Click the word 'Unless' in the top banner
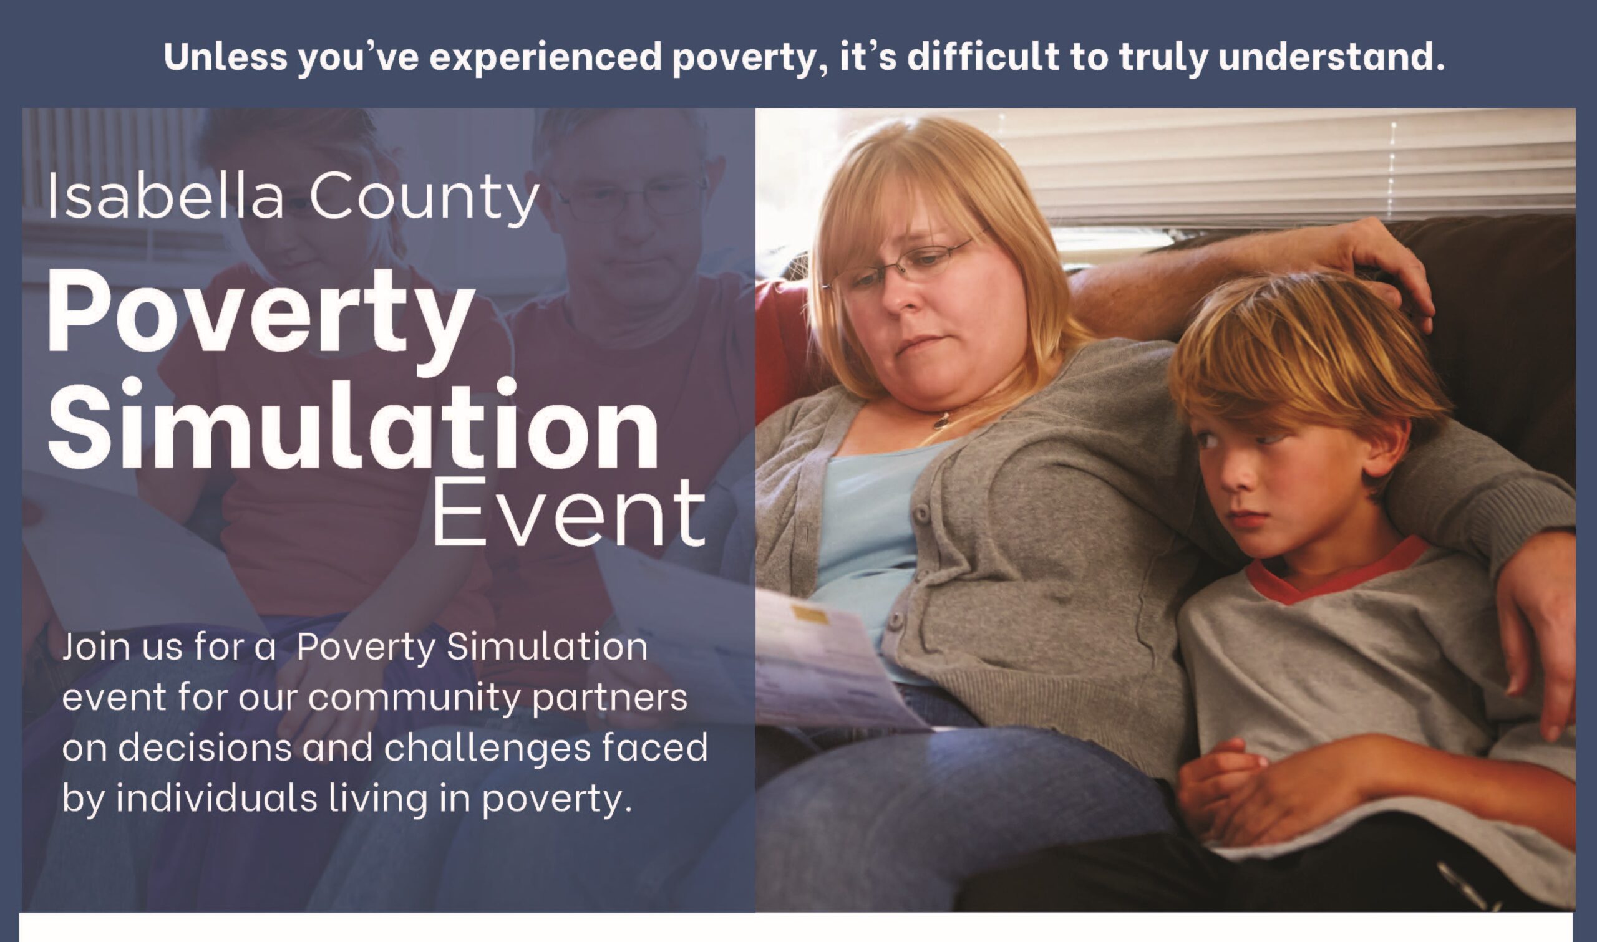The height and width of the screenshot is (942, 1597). tap(225, 57)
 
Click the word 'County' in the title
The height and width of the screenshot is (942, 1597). tap(424, 198)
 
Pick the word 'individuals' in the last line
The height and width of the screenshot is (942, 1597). tap(216, 798)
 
